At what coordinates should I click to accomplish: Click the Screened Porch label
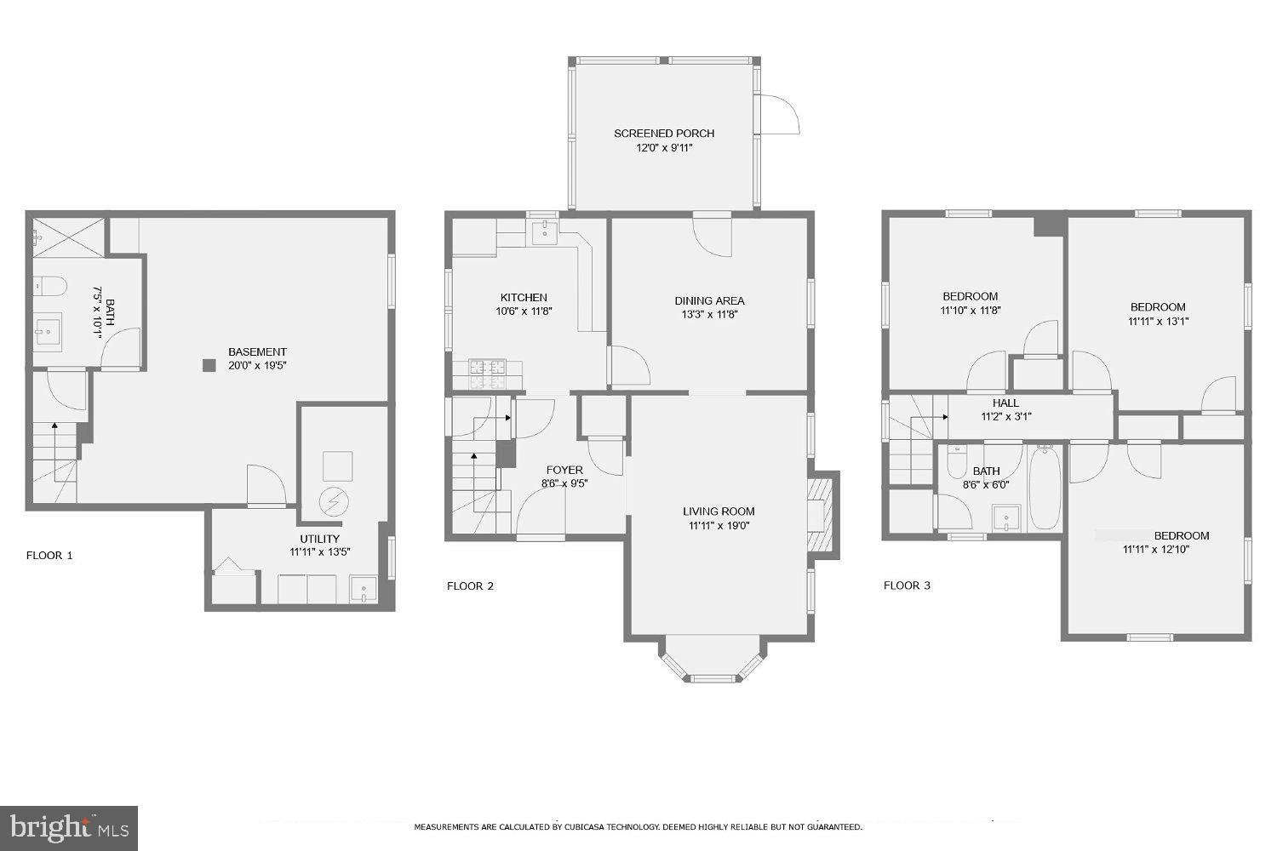pos(664,134)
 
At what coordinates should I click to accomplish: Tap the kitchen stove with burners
pos(487,368)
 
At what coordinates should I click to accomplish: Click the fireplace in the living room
pos(819,515)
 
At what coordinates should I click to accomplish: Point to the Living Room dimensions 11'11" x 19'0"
pos(719,526)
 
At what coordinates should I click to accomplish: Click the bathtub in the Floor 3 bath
pos(1044,489)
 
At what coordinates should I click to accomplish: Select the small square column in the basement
pos(209,366)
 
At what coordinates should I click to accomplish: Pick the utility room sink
pos(364,589)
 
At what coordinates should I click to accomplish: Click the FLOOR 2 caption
pos(470,585)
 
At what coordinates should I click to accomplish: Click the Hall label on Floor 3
pos(1005,403)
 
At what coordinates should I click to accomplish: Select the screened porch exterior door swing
pos(779,115)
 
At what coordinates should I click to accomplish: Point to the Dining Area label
pos(709,300)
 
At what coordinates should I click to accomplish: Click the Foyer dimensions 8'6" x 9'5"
pos(564,483)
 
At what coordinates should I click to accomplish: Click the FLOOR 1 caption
pos(49,555)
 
